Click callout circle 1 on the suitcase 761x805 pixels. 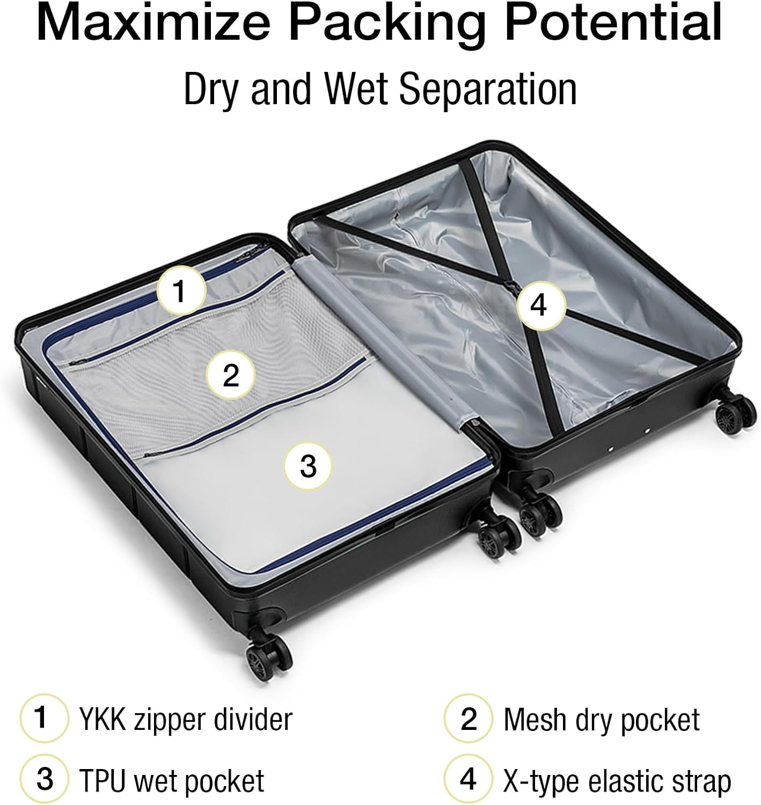coord(181,291)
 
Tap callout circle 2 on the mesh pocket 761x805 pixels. coord(231,375)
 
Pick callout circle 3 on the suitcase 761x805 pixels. coord(308,466)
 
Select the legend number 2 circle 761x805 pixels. coord(468,718)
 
